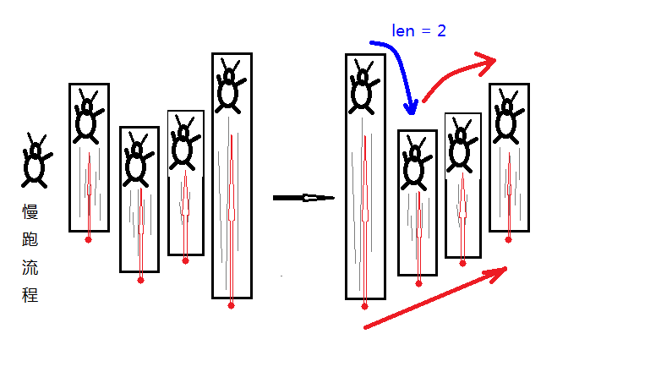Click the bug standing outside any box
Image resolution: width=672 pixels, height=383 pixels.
pyautogui.click(x=36, y=161)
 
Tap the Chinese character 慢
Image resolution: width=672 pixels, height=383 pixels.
pyautogui.click(x=30, y=212)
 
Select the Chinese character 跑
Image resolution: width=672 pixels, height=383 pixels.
pyautogui.click(x=30, y=240)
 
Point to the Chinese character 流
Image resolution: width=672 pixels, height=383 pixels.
pyautogui.click(x=30, y=268)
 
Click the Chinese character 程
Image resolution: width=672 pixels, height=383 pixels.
pyautogui.click(x=30, y=296)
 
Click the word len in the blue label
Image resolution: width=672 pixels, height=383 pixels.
pyautogui.click(x=404, y=31)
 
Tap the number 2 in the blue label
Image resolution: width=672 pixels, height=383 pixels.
pyautogui.click(x=440, y=31)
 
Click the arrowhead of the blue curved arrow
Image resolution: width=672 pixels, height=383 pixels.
pyautogui.click(x=412, y=108)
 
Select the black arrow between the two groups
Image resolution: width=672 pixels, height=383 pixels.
pyautogui.click(x=303, y=198)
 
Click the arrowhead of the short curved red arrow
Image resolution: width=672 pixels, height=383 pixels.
pyautogui.click(x=487, y=59)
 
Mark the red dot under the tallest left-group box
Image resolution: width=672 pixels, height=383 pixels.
pyautogui.click(x=231, y=305)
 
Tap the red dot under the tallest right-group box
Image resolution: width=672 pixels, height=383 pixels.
pyautogui.click(x=364, y=306)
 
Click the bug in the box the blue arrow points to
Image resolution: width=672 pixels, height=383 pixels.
pyautogui.click(x=415, y=164)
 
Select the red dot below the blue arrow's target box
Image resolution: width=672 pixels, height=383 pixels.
pyautogui.click(x=418, y=284)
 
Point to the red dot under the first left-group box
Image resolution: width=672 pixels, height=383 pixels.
pyautogui.click(x=88, y=239)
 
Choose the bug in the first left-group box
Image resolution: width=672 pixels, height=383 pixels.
pyautogui.click(x=87, y=118)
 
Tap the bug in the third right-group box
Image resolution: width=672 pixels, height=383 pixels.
pyautogui.click(x=461, y=145)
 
